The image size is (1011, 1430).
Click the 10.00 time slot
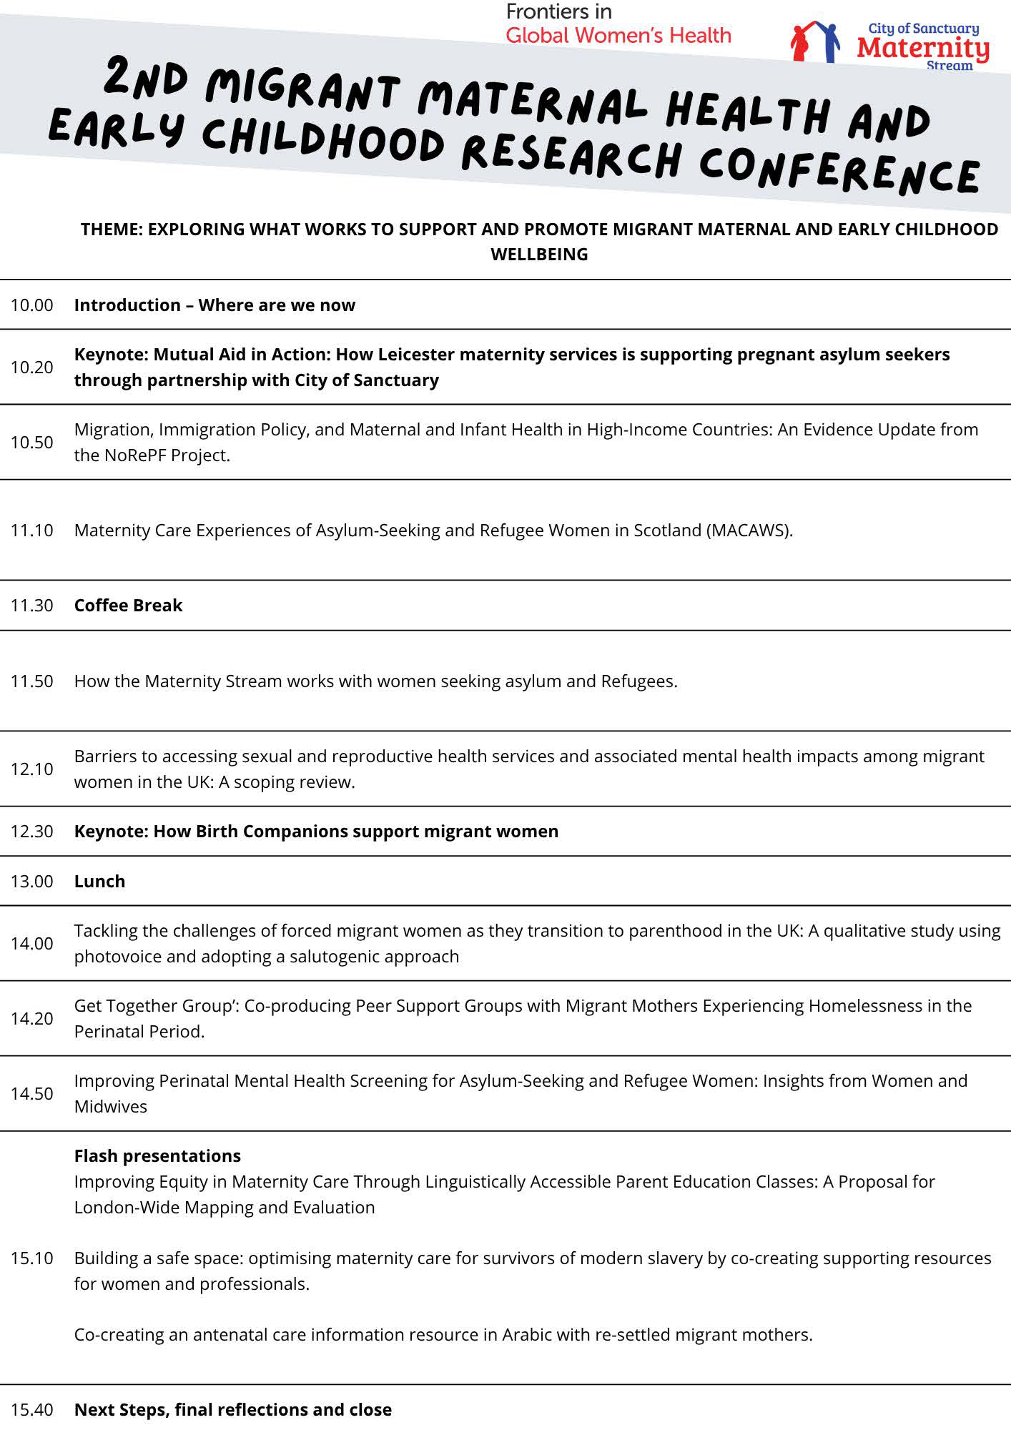point(31,305)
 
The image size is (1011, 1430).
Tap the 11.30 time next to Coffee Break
point(31,606)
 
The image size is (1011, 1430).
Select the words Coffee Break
point(128,606)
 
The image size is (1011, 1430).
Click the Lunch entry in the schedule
point(99,882)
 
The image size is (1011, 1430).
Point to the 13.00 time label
point(31,882)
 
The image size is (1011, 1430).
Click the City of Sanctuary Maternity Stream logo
point(891,45)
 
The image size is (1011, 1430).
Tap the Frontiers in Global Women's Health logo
point(618,24)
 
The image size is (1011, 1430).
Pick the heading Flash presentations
point(157,1156)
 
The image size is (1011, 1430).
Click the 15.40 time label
point(31,1410)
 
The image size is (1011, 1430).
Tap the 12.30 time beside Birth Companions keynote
point(31,832)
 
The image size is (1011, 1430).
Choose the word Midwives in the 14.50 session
point(110,1107)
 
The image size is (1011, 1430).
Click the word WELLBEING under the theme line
point(539,255)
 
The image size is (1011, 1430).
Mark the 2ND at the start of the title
point(146,79)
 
